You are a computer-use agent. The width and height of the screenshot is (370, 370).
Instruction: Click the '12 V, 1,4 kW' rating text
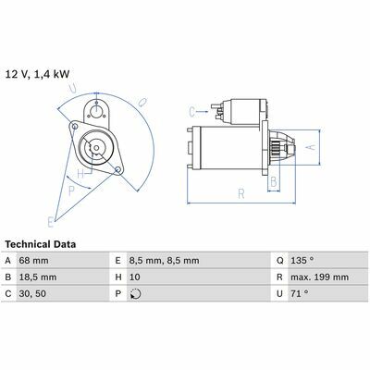(x=37, y=74)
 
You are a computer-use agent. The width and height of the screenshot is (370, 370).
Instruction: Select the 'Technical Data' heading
(x=41, y=244)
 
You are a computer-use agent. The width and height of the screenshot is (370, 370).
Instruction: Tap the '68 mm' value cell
(x=33, y=261)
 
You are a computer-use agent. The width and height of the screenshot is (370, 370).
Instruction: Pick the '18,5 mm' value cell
(x=38, y=277)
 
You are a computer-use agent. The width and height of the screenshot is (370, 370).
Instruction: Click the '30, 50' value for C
(x=32, y=293)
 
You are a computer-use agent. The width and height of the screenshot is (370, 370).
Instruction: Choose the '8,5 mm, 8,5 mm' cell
(x=164, y=261)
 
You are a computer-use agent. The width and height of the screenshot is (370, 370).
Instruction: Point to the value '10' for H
(x=135, y=277)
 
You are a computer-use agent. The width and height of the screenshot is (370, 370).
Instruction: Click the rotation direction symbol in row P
(x=136, y=294)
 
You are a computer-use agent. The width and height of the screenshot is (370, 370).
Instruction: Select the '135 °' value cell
(x=302, y=261)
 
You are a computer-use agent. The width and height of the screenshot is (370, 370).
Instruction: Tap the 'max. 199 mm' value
(x=319, y=277)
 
